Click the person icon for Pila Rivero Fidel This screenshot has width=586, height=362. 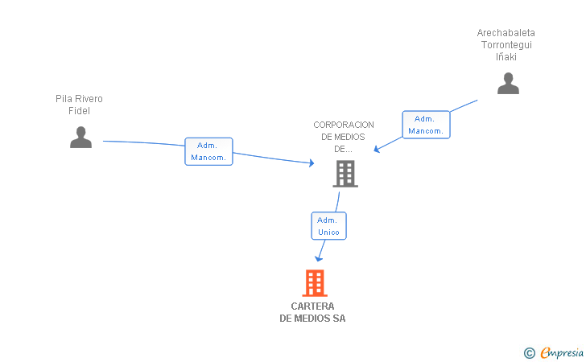[x=80, y=138]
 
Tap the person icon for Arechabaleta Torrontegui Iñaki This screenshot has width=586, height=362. [x=508, y=84]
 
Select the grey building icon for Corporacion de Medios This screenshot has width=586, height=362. [x=345, y=173]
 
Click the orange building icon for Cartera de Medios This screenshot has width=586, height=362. [x=315, y=283]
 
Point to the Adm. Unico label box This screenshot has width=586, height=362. [x=328, y=226]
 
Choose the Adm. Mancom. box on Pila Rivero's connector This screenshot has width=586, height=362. [x=208, y=151]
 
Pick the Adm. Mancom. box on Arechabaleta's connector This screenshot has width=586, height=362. [x=426, y=125]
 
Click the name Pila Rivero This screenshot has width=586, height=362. [x=79, y=99]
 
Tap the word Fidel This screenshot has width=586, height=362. [x=79, y=111]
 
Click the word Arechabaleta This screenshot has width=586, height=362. [x=506, y=33]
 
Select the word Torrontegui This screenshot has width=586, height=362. [x=506, y=45]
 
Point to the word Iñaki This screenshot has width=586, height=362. [x=506, y=57]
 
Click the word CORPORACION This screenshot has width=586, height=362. [x=344, y=125]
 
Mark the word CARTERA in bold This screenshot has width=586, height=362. [x=312, y=306]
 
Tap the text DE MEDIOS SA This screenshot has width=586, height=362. [x=312, y=319]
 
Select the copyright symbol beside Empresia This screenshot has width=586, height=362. [x=529, y=352]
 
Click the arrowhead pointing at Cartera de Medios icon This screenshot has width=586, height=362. [x=319, y=258]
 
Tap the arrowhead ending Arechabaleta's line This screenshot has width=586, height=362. [x=377, y=150]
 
